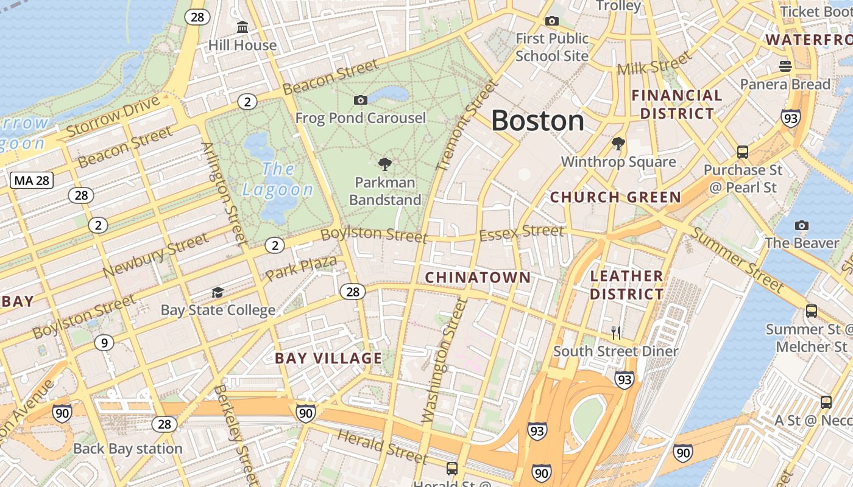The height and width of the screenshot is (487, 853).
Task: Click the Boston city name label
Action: tap(537, 121)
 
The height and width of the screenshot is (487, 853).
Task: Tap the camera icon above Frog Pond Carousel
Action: tap(361, 100)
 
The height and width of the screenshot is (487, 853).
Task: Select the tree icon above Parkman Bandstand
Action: tap(384, 164)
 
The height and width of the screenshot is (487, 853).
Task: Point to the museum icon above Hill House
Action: tap(242, 27)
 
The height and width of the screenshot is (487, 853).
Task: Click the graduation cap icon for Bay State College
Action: tap(218, 293)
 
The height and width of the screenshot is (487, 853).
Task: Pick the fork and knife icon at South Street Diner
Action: tap(616, 332)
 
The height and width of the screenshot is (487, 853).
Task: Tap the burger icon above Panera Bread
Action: tap(785, 66)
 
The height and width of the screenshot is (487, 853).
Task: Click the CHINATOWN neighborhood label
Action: tap(478, 278)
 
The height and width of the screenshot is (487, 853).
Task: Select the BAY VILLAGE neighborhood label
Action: tap(328, 358)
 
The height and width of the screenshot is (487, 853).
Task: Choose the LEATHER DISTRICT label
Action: tap(627, 285)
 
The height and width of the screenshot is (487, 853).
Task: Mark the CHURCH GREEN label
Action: tap(615, 197)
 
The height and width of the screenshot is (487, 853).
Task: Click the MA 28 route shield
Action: tap(32, 180)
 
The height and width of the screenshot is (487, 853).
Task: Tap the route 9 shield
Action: tap(104, 343)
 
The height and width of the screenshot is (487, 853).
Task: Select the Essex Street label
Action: tap(522, 232)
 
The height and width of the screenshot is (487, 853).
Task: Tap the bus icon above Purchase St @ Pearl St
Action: tap(742, 152)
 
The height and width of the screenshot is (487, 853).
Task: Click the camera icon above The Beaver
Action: tap(802, 226)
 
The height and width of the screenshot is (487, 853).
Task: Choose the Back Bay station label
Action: tap(128, 449)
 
